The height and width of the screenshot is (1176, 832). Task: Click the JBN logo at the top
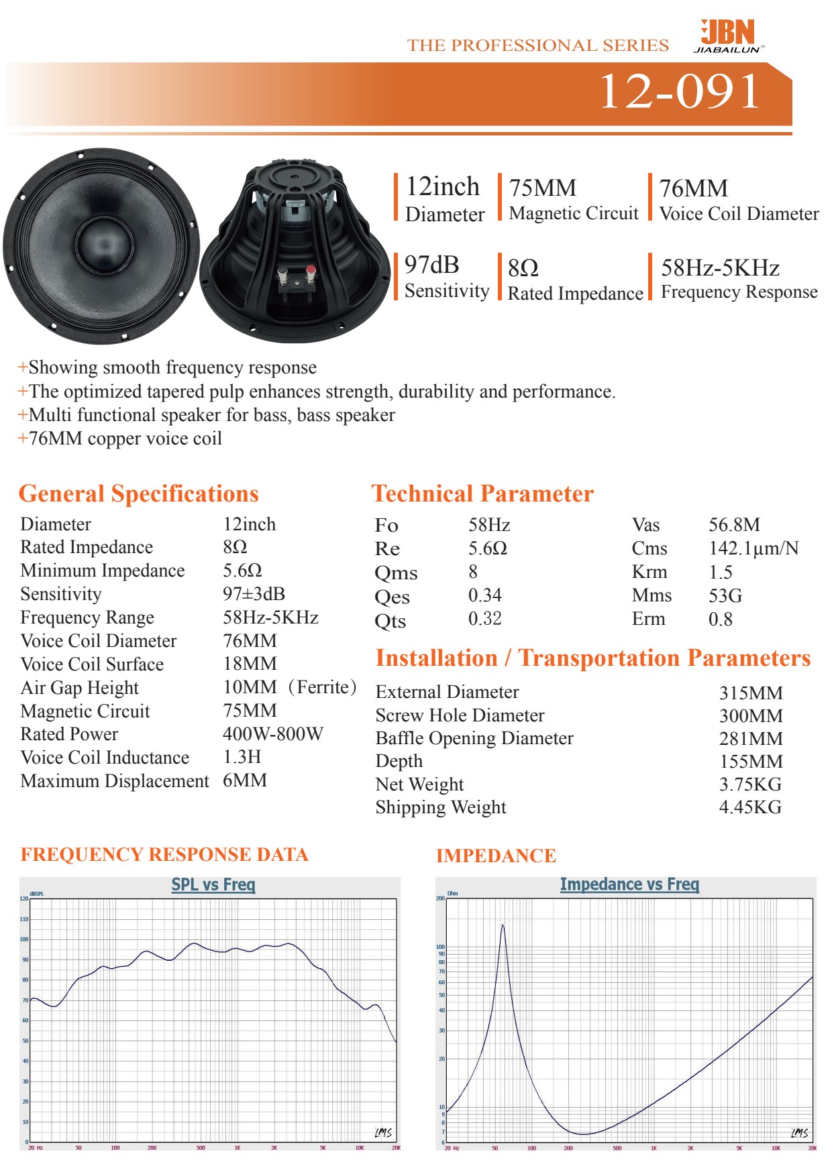point(729,35)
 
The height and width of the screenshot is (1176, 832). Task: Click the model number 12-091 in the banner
point(679,91)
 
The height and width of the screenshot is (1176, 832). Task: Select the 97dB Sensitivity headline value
point(431,266)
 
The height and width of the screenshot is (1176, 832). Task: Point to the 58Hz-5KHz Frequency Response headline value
point(720,268)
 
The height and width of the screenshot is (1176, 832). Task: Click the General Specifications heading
point(138,493)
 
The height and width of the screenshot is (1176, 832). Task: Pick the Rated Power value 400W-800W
point(272,734)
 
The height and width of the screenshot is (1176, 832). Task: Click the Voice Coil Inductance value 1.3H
point(242,757)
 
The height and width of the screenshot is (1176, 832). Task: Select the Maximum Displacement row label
point(115,781)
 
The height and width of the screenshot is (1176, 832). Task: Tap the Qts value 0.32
point(484,619)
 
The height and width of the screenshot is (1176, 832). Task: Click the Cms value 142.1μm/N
point(753,548)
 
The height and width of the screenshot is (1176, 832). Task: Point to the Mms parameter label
point(651,595)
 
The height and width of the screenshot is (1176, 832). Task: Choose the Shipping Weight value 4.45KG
point(749,807)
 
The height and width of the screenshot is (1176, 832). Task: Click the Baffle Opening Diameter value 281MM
point(750,739)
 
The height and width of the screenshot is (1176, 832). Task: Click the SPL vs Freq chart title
point(213,884)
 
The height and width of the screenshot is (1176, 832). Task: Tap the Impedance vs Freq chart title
point(629,884)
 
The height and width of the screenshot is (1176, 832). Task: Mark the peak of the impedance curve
point(503,926)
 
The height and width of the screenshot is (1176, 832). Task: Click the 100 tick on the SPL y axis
point(24,939)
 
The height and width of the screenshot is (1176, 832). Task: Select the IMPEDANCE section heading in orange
point(496,856)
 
